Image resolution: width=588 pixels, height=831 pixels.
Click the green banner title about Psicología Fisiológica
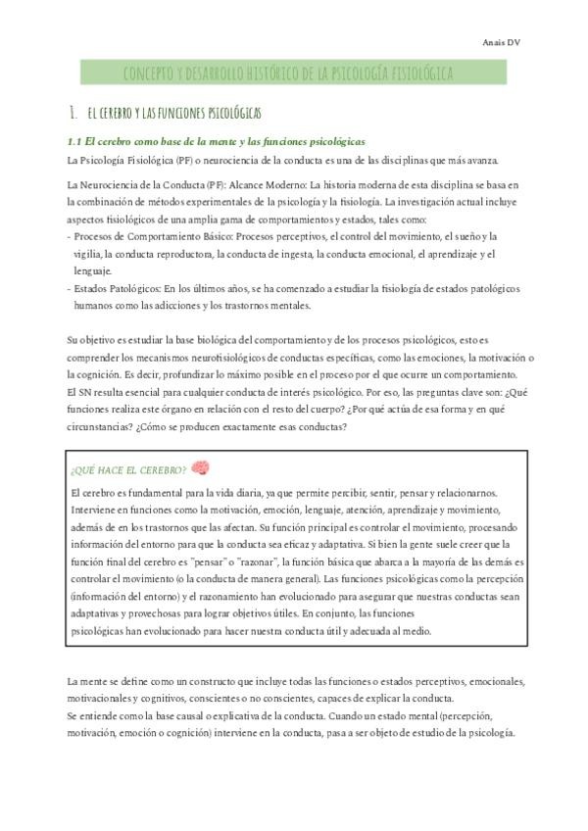tap(287, 73)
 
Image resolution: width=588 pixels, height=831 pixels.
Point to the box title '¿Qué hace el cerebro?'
tap(129, 470)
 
